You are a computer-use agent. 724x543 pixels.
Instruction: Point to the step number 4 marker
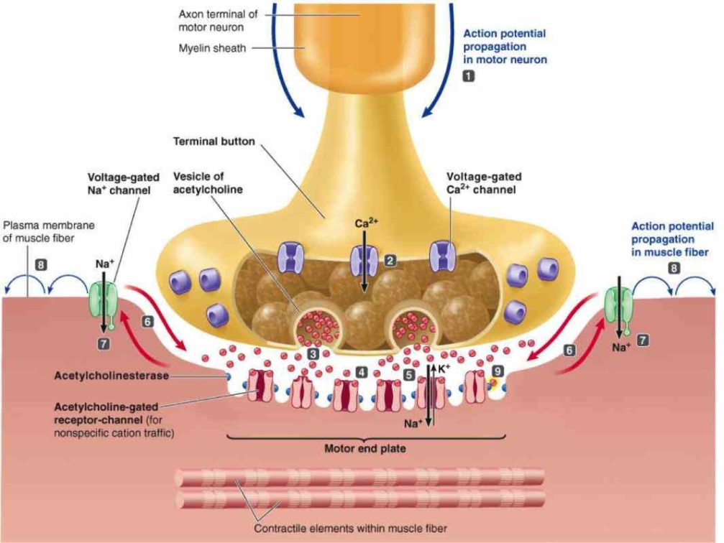(361, 372)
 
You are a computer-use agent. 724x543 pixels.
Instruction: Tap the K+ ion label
(444, 368)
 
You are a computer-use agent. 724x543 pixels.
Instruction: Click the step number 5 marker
(408, 374)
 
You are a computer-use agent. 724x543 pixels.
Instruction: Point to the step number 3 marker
(313, 353)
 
